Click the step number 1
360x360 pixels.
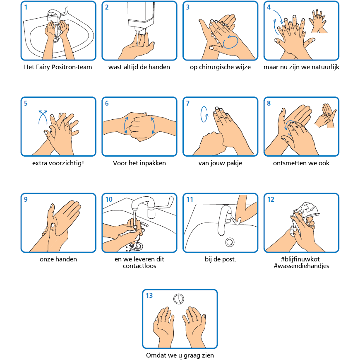tap(26, 7)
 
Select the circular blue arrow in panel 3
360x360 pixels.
tap(230, 42)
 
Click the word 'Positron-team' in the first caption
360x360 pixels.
tap(72, 67)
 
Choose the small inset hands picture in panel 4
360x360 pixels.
tap(318, 22)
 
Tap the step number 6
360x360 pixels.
tap(107, 104)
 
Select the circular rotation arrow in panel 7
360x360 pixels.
tap(204, 114)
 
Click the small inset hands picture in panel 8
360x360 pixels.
tap(325, 116)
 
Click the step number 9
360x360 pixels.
tap(26, 200)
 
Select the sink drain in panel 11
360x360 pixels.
tap(230, 242)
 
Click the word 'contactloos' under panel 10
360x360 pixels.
tap(139, 266)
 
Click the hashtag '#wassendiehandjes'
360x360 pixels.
tap(301, 266)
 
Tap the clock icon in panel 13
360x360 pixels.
tap(178, 299)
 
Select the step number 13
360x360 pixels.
tap(149, 296)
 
